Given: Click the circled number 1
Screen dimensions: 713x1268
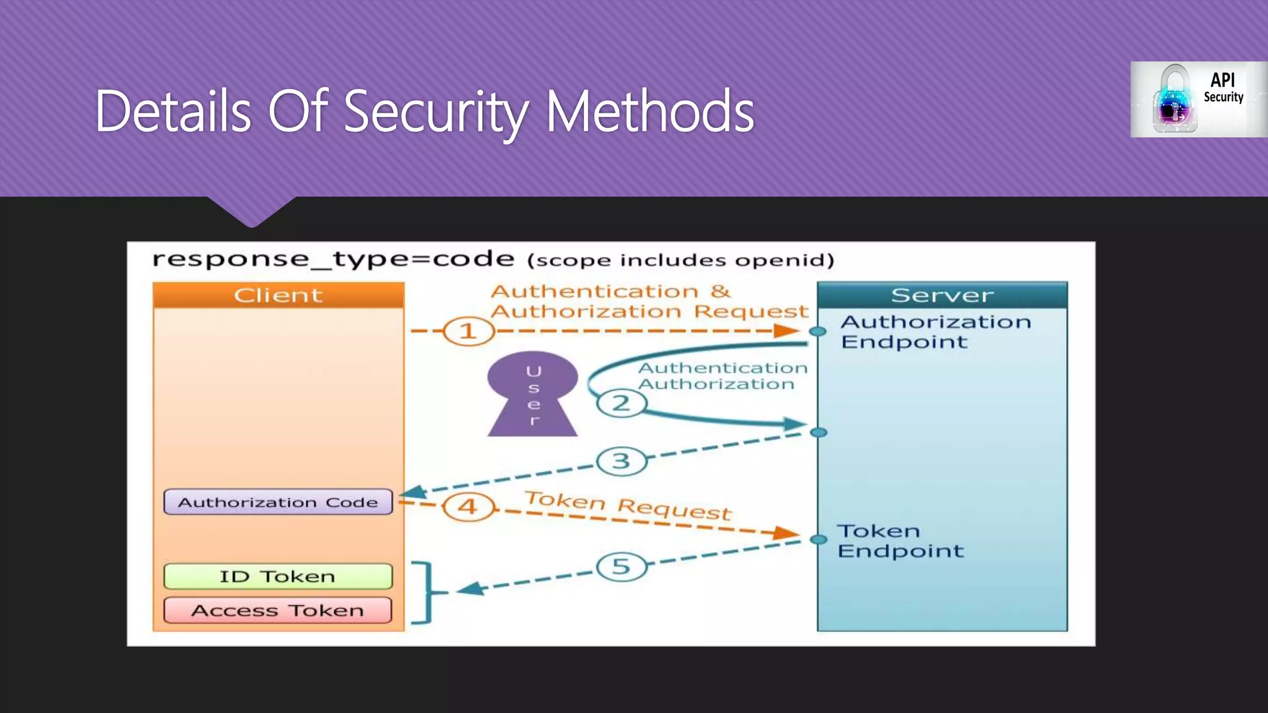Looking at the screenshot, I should (x=468, y=331).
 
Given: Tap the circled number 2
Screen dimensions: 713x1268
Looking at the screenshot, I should (x=621, y=404).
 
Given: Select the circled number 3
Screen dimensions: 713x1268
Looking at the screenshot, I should (x=621, y=461).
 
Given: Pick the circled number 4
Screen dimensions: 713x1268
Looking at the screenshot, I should (x=468, y=507).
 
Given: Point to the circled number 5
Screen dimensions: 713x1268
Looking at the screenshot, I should (x=621, y=566).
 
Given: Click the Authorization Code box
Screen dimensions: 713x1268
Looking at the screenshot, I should (x=278, y=502).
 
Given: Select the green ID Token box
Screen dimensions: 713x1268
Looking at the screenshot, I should (x=278, y=576).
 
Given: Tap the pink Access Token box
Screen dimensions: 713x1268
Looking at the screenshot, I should (x=278, y=610).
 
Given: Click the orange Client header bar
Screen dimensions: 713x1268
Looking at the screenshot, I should (x=279, y=295).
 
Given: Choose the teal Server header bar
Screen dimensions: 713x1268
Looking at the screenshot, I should (x=942, y=295).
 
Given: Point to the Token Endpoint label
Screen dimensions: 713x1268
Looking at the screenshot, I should (x=900, y=541).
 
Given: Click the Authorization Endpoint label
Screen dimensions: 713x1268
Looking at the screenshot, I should (x=935, y=332).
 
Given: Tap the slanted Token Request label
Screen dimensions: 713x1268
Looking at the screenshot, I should (x=628, y=505).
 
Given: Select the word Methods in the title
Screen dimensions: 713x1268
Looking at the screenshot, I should (x=649, y=112).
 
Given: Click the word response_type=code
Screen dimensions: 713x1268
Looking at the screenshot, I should (x=333, y=259).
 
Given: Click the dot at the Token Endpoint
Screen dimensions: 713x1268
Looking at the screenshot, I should (x=819, y=540).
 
